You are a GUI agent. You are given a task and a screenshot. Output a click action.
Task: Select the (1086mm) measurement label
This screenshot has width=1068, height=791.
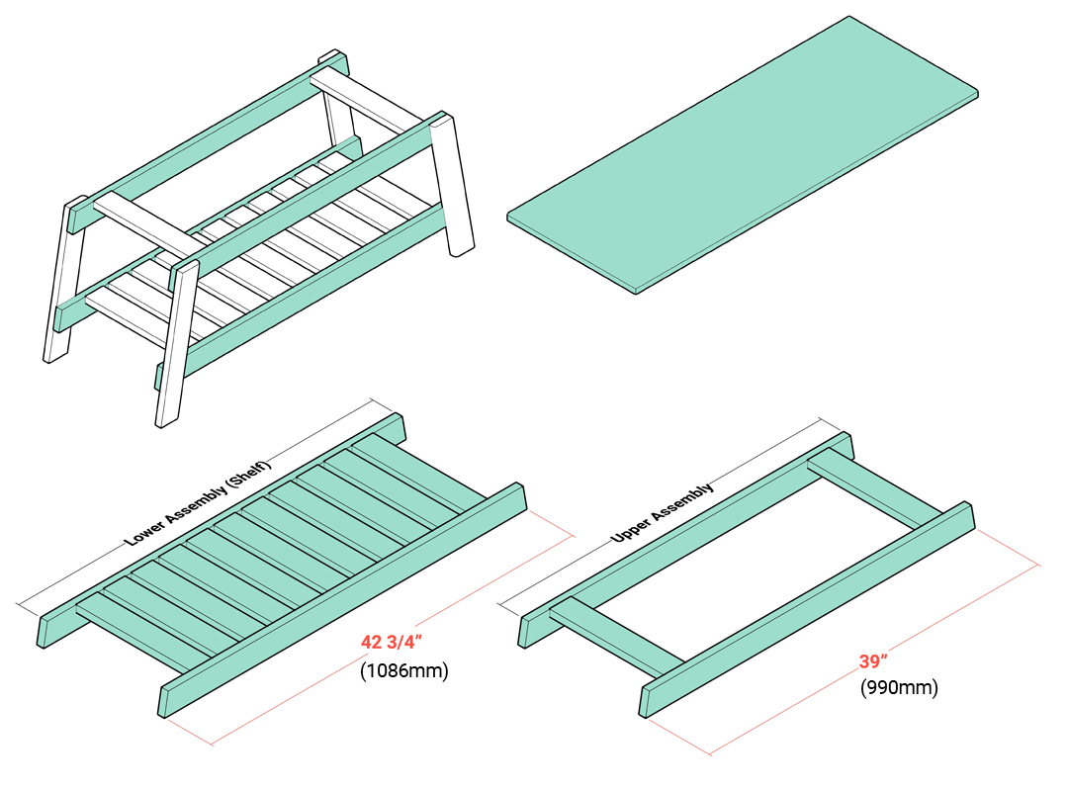click(403, 671)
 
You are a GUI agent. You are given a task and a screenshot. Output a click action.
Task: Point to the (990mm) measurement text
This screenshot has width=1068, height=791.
click(898, 687)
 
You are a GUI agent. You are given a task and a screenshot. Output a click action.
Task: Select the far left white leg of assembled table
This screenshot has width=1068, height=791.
click(61, 287)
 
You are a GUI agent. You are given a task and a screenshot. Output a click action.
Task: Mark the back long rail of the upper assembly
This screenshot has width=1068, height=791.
click(682, 534)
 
